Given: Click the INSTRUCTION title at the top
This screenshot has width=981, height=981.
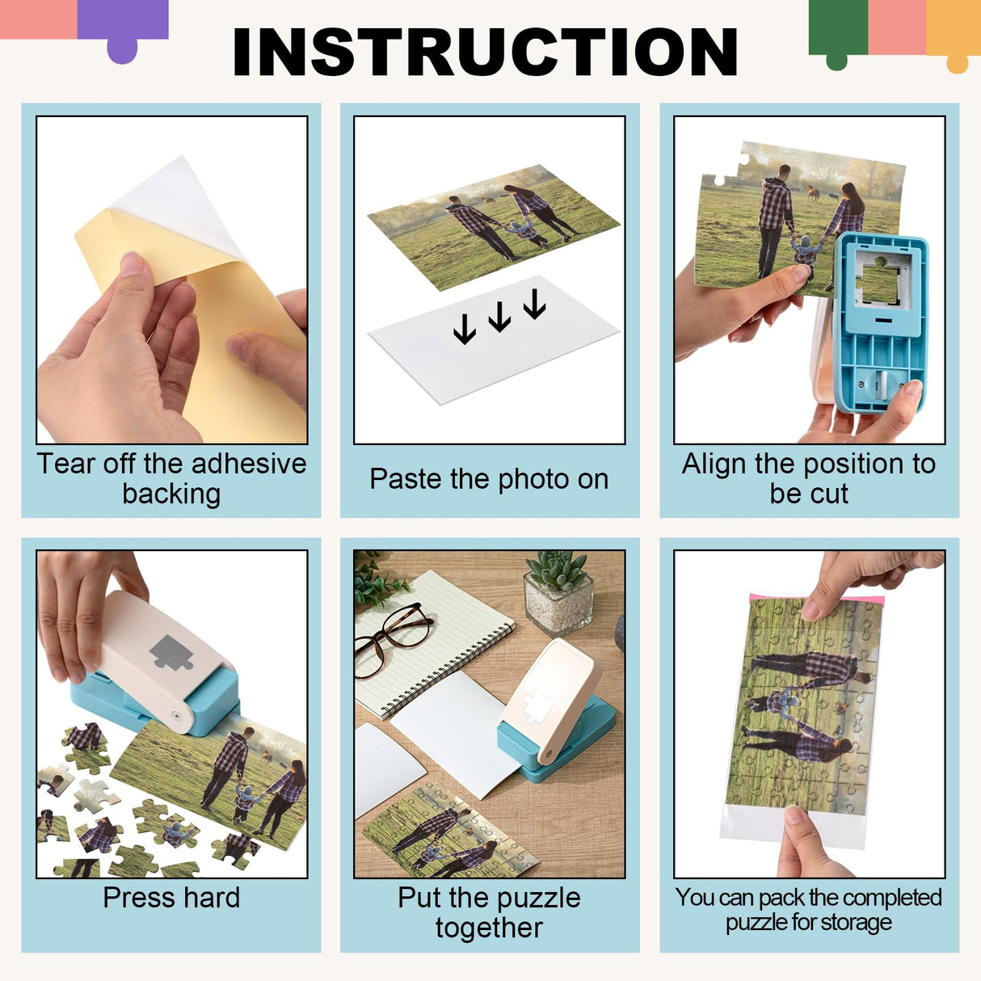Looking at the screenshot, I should [485, 53].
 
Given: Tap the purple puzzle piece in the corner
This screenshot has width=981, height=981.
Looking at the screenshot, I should [123, 28].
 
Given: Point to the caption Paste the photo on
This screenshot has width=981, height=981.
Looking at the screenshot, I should [489, 479].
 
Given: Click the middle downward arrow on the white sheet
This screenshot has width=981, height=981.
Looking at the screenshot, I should [499, 317].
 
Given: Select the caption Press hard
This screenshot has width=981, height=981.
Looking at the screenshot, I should [171, 898].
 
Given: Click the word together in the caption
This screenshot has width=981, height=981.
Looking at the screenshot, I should [489, 928].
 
